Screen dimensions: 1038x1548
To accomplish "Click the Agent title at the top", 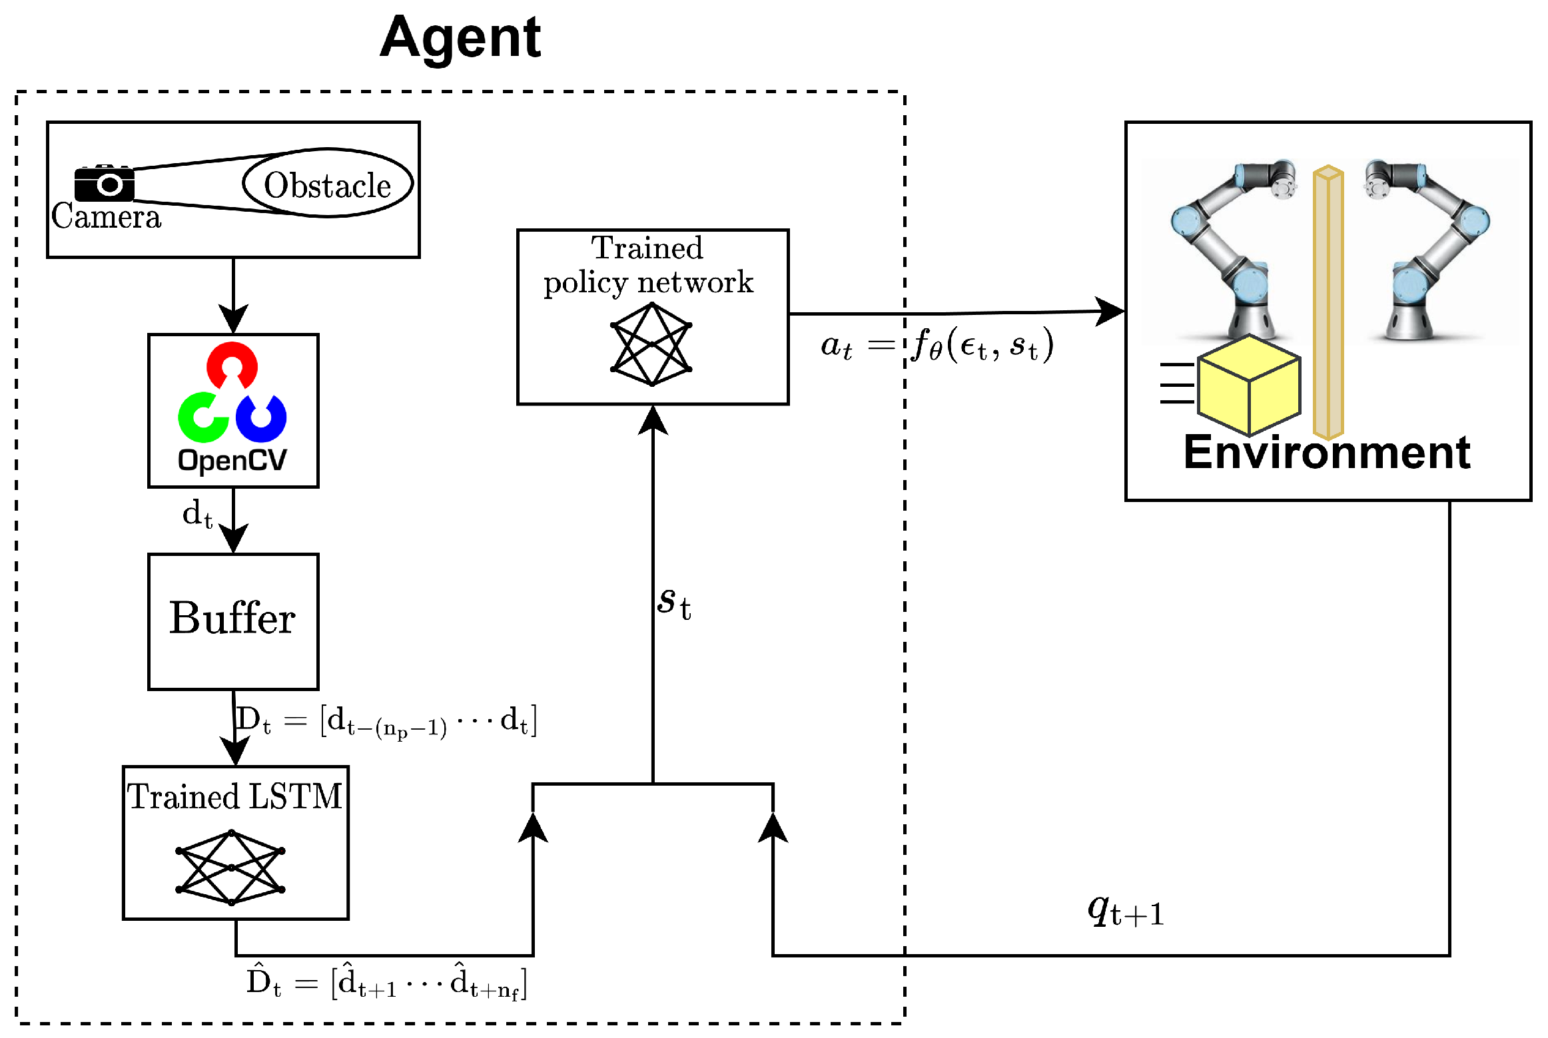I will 460,38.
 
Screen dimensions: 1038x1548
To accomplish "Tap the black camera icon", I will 105,183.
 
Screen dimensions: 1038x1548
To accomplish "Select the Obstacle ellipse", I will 327,184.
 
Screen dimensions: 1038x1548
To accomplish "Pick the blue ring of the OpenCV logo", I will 262,418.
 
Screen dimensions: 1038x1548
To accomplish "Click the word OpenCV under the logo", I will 232,460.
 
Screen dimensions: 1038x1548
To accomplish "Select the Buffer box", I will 233,621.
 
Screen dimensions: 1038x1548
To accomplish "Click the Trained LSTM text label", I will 235,797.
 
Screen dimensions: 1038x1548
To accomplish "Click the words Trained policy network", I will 648,266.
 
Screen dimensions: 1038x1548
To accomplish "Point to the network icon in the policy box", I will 651,344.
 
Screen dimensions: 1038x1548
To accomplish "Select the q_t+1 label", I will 1126,911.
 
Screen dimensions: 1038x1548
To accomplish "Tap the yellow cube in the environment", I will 1248,386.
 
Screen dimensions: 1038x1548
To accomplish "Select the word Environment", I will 1326,453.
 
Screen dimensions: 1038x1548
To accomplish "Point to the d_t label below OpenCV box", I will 197,515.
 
